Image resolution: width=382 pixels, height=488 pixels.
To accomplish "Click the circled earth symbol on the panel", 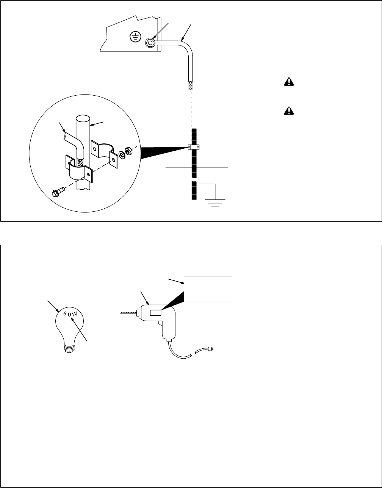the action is tap(134, 36).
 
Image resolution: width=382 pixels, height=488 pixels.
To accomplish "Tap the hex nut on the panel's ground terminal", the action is tap(150, 43).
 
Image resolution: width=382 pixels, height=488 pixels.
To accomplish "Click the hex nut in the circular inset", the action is tap(128, 152).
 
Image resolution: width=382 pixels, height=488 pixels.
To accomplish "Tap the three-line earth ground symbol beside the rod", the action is tap(215, 201).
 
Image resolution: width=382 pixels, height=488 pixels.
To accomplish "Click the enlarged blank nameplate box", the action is tap(208, 289).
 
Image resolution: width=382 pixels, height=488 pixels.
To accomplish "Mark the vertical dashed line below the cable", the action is tap(191, 110).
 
